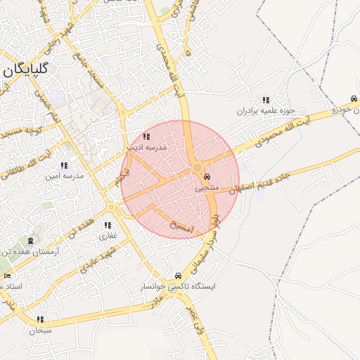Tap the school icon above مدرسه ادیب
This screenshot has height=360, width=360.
[146, 137]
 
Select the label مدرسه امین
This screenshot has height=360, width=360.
[64, 176]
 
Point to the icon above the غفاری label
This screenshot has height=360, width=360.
[108, 226]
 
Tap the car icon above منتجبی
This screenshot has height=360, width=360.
[205, 176]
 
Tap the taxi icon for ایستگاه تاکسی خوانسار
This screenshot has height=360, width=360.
[176, 276]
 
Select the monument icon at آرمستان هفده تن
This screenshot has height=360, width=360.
[31, 241]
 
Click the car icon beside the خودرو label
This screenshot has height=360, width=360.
[353, 99]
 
